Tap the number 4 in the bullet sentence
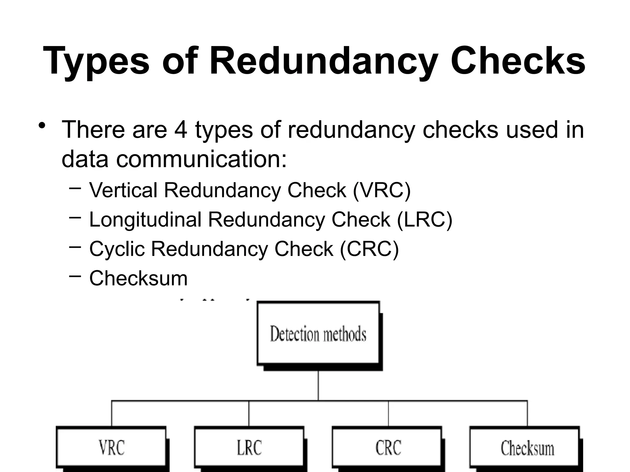pos(181,130)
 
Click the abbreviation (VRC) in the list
pos(381,190)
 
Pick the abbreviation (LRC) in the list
pos(425,220)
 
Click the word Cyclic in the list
pos(117,249)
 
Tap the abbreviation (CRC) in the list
pos(369,249)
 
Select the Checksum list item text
pos(138,278)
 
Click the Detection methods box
pos(318,334)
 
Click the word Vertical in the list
pos(123,190)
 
